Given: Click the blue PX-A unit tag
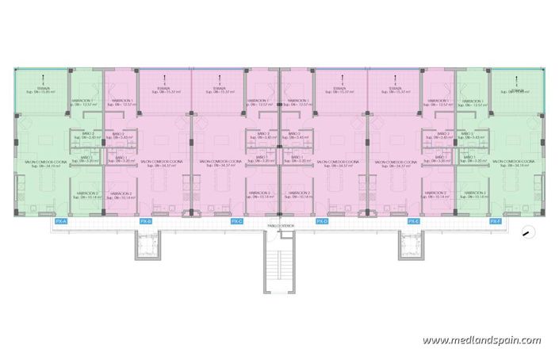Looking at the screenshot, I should pyautogui.click(x=59, y=221).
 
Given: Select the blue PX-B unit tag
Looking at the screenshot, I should pyautogui.click(x=145, y=221).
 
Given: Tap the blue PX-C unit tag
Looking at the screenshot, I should pyautogui.click(x=236, y=221).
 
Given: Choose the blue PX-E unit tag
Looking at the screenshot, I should pyautogui.click(x=413, y=221).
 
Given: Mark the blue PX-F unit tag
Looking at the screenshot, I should pyautogui.click(x=496, y=221).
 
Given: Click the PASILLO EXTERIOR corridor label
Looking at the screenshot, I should pyautogui.click(x=280, y=226).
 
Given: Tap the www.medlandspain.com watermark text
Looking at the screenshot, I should pyautogui.click(x=481, y=340).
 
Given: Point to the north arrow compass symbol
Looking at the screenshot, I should pyautogui.click(x=528, y=232).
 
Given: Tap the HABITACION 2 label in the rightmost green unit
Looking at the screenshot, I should pyautogui.click(x=476, y=194).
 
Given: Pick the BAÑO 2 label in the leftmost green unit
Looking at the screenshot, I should pyautogui.click(x=86, y=135).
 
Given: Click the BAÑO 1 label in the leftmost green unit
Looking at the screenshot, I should pyautogui.click(x=86, y=159).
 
